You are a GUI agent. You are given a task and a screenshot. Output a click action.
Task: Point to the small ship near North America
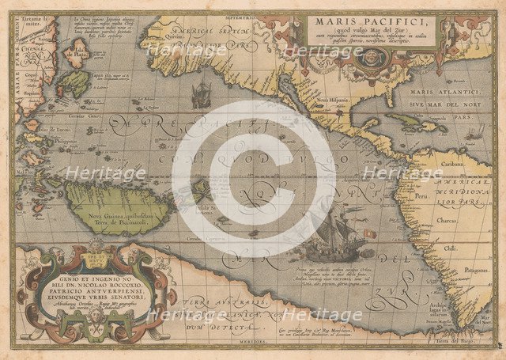point(201,95)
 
